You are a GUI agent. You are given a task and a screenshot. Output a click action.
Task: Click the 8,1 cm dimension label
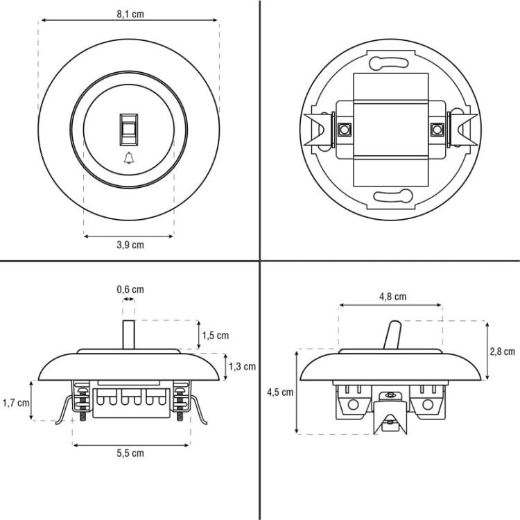point(130,15)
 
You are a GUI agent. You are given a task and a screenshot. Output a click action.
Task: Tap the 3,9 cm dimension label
point(130,245)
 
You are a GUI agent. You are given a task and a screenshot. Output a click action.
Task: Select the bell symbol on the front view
point(129,158)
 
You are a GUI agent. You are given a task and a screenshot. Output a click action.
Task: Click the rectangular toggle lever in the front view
point(129,130)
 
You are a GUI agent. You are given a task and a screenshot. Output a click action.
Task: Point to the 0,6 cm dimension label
point(130,290)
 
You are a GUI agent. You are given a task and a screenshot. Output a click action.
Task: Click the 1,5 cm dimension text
point(216,336)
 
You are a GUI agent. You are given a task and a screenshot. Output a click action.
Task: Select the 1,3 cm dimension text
point(243,367)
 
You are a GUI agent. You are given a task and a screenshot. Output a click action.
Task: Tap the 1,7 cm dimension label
point(16,403)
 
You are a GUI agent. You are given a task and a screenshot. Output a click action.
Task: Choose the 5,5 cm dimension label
point(130,453)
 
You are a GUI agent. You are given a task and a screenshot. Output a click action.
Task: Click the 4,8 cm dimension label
point(392,297)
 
